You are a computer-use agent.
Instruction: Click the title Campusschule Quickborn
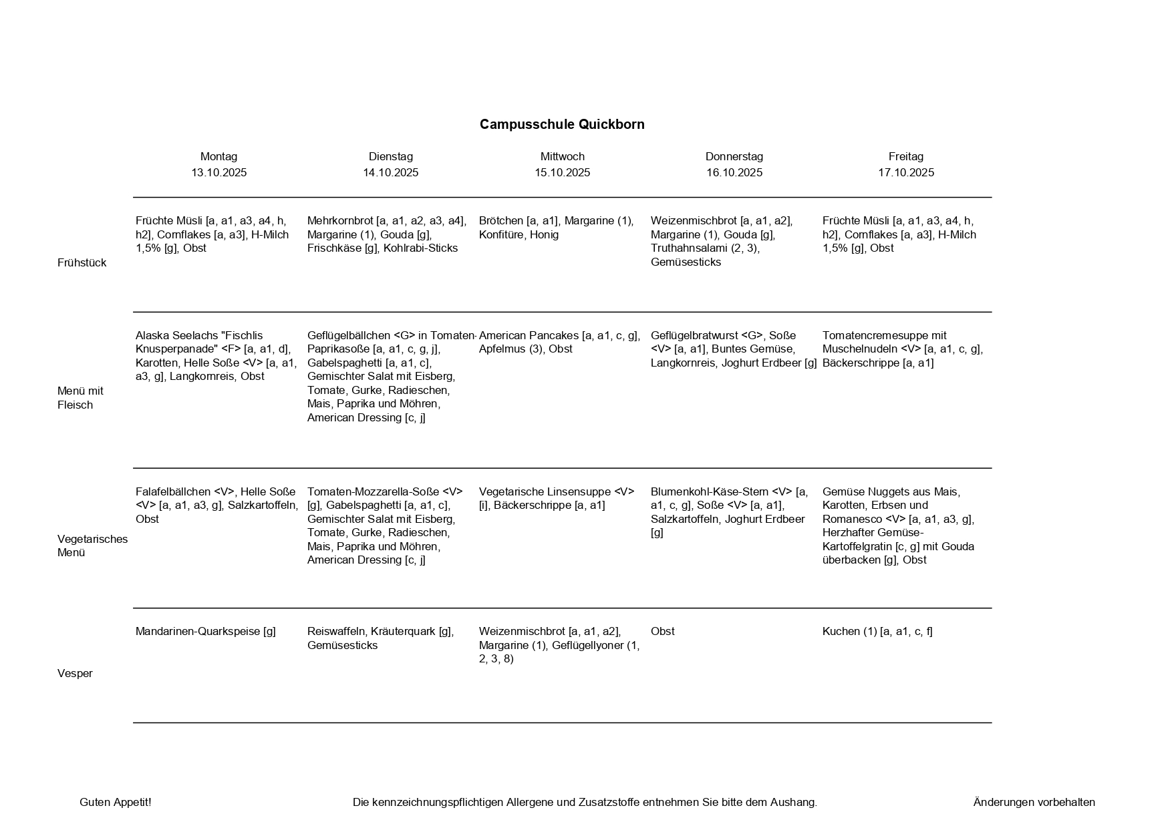pos(562,125)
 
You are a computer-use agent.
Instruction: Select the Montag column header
pos(218,157)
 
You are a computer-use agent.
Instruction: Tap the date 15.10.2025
pos(562,173)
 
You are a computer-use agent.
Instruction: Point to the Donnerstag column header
pos(734,157)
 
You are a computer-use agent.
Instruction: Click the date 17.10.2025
pos(905,173)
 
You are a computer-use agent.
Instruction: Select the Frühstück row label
pos(82,263)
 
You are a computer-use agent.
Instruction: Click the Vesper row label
pos(75,674)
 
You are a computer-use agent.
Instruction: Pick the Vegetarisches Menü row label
pos(92,546)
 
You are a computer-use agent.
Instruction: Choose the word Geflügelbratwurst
pos(694,336)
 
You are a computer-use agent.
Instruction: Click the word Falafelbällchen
pos(174,492)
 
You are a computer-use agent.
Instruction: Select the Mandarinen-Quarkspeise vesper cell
pos(205,632)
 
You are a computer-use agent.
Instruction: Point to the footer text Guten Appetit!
pos(115,803)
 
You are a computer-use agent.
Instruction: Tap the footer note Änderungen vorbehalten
pos(1034,803)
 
